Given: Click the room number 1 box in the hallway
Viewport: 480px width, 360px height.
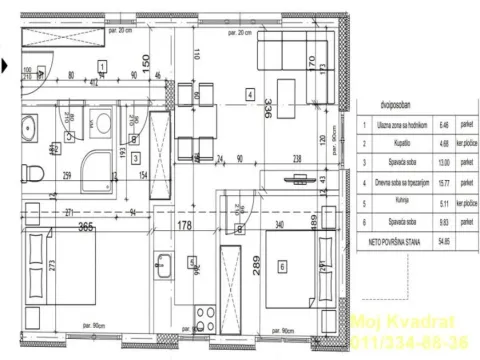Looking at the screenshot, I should (x=102, y=67).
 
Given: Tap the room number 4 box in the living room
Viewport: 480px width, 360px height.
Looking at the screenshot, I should (x=250, y=95).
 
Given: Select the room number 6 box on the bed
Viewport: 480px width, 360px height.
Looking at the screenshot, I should (x=283, y=266).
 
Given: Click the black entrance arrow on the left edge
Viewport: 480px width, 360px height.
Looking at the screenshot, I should (x=5, y=67).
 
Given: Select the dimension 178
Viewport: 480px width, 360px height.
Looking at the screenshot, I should (x=183, y=227).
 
